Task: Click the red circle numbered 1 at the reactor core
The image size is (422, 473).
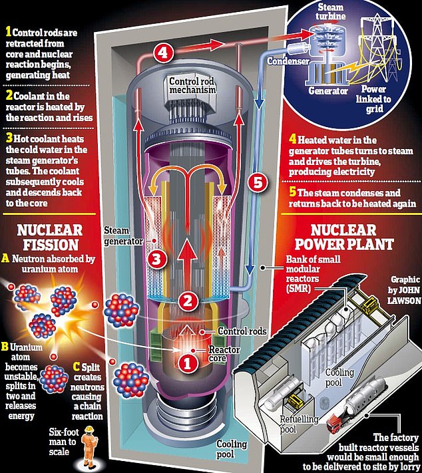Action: point(188,362)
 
